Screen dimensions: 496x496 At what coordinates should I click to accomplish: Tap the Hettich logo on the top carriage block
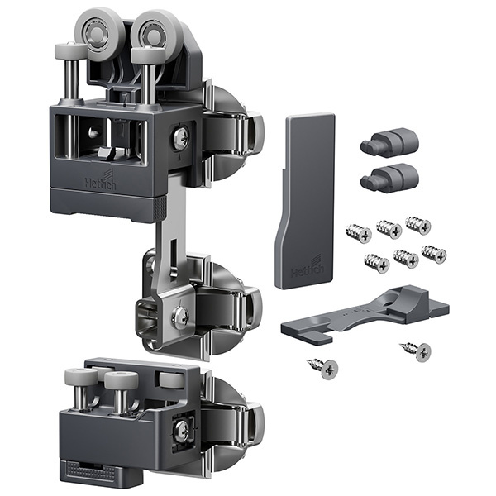(x=100, y=180)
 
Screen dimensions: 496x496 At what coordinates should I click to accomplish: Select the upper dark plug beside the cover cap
(x=389, y=142)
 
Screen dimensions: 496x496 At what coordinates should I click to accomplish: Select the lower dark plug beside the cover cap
(x=389, y=178)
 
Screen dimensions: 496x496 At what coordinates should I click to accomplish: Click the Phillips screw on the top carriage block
(x=181, y=137)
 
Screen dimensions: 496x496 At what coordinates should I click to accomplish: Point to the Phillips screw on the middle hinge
(x=180, y=317)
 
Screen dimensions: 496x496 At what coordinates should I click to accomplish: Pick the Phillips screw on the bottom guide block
(x=182, y=430)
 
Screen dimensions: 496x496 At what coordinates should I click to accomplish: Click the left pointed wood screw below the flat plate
(x=322, y=368)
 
